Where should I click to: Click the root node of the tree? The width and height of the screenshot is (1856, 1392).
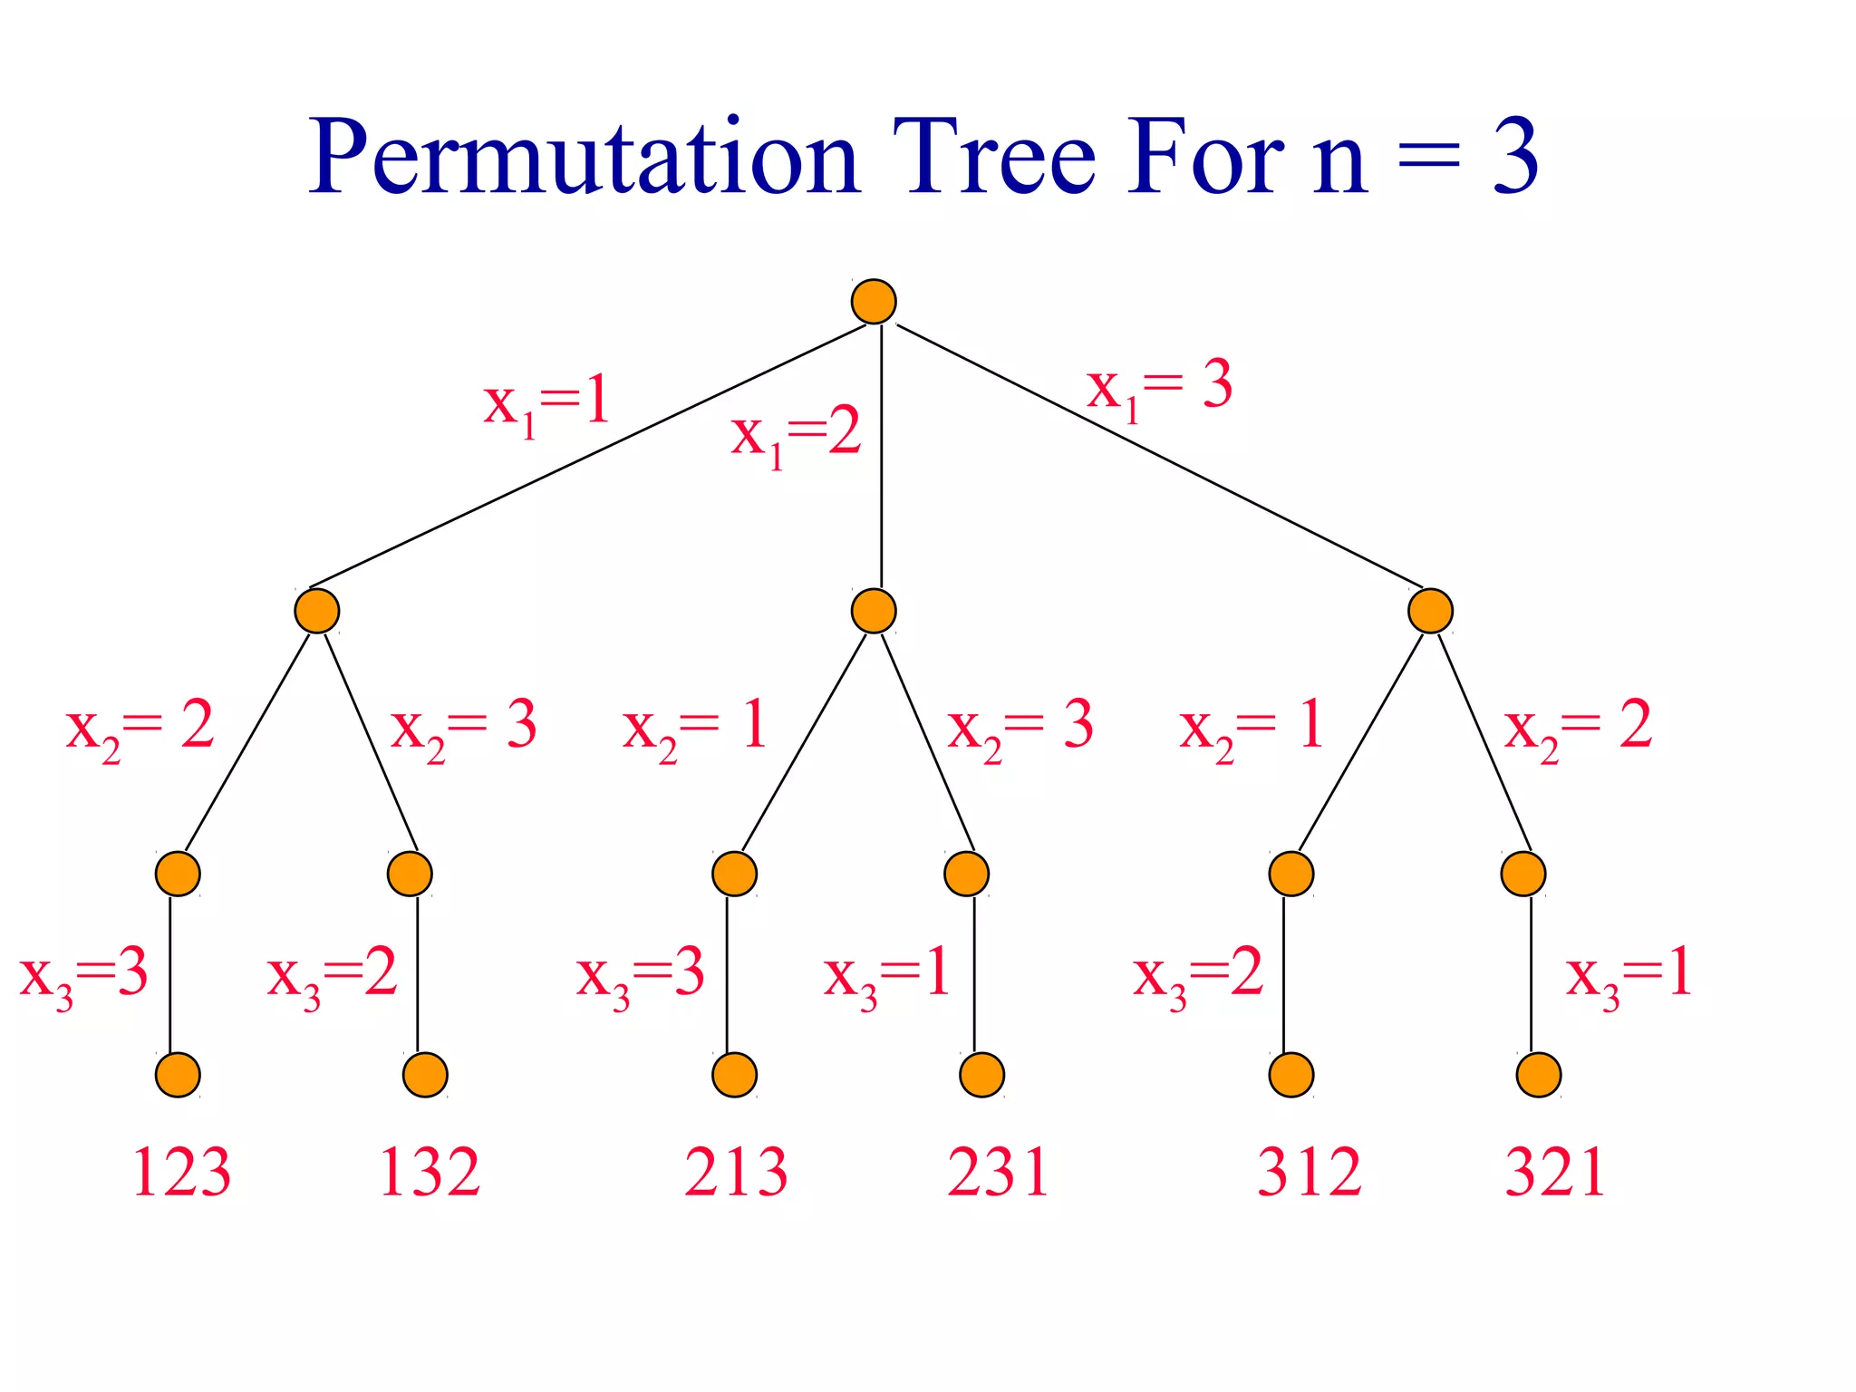point(874,302)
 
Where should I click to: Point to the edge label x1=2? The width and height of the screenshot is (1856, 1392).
point(796,435)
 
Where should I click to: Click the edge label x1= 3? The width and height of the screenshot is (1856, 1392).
point(1160,387)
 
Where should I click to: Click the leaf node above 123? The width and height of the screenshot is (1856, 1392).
point(178,1075)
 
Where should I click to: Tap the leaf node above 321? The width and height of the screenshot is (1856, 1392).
point(1539,1075)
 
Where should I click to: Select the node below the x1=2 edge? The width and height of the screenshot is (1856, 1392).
point(874,611)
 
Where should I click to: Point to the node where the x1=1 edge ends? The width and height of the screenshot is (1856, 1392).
point(317,611)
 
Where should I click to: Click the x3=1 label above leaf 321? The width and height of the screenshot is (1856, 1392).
point(1629,975)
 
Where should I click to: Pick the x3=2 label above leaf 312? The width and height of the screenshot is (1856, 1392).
point(1198,975)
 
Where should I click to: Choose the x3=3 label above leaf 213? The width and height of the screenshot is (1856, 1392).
point(640,975)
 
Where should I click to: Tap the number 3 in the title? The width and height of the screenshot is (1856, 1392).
point(1515,158)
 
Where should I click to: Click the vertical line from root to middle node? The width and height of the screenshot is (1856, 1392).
point(881,453)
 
